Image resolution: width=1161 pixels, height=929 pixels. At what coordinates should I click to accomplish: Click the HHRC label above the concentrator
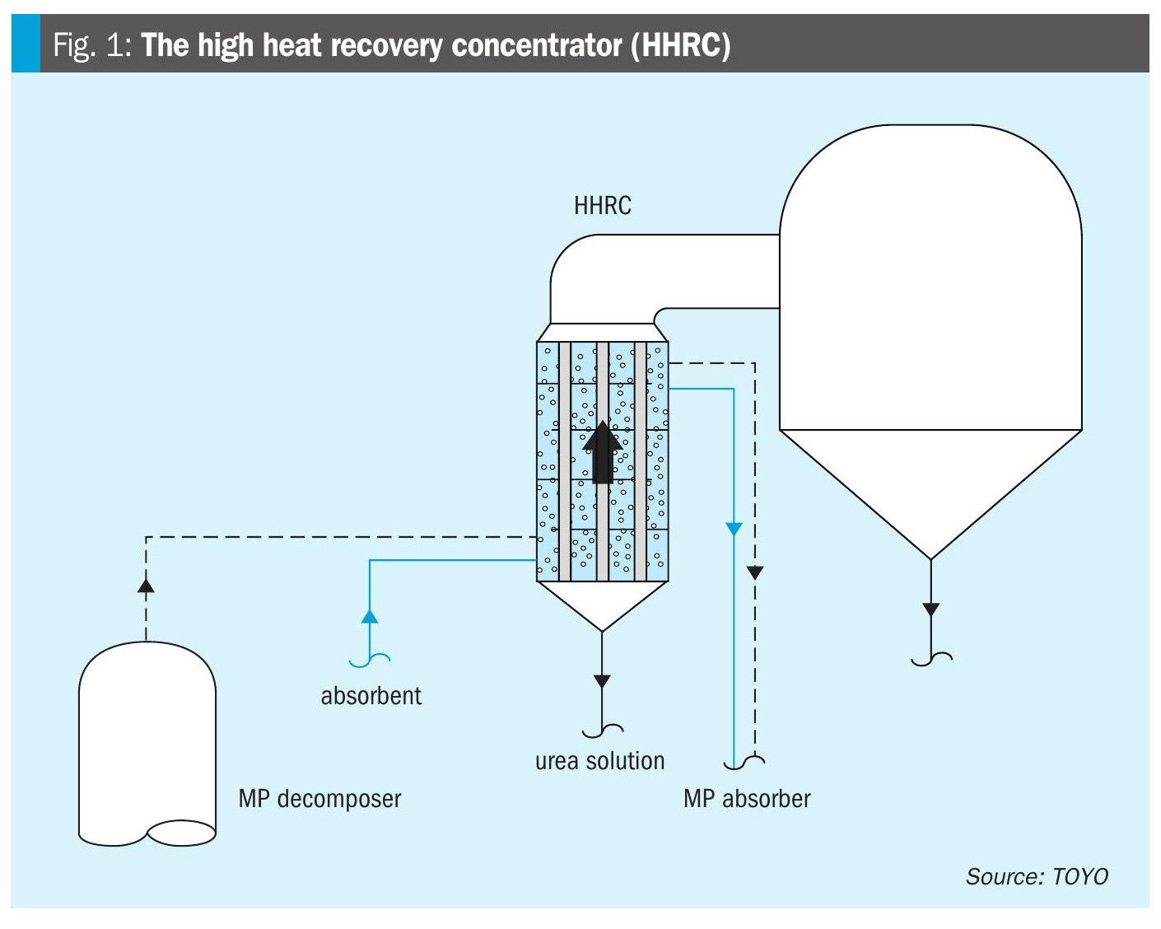(602, 205)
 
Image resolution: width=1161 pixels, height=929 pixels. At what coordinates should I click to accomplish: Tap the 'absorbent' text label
(371, 696)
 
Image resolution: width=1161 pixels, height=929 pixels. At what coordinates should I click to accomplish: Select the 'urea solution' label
(599, 761)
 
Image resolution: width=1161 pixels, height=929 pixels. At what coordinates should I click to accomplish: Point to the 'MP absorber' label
(747, 798)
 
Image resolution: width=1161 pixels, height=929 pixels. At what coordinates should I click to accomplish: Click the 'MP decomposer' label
(319, 798)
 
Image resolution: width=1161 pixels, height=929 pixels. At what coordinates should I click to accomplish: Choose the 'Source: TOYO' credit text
(1037, 876)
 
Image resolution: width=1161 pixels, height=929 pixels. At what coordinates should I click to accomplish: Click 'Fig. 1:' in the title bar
(91, 44)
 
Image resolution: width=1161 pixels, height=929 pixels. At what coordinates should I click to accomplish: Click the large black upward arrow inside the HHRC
(602, 451)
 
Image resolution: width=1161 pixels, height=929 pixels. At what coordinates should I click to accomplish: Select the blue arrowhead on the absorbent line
(370, 615)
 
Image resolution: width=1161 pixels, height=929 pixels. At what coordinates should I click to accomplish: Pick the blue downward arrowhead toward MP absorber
(733, 529)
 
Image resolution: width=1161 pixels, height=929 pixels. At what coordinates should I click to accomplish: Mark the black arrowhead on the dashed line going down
(755, 572)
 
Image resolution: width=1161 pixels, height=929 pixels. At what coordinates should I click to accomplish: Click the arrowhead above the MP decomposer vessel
(146, 585)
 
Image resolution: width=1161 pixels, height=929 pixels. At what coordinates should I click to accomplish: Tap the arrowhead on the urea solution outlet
(602, 681)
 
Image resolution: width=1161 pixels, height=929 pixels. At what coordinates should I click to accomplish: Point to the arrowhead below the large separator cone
(930, 609)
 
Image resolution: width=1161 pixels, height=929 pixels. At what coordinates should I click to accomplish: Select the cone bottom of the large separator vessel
(930, 486)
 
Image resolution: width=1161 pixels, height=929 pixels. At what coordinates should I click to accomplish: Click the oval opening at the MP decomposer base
(181, 833)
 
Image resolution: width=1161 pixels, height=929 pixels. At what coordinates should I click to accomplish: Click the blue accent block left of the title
(25, 44)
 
